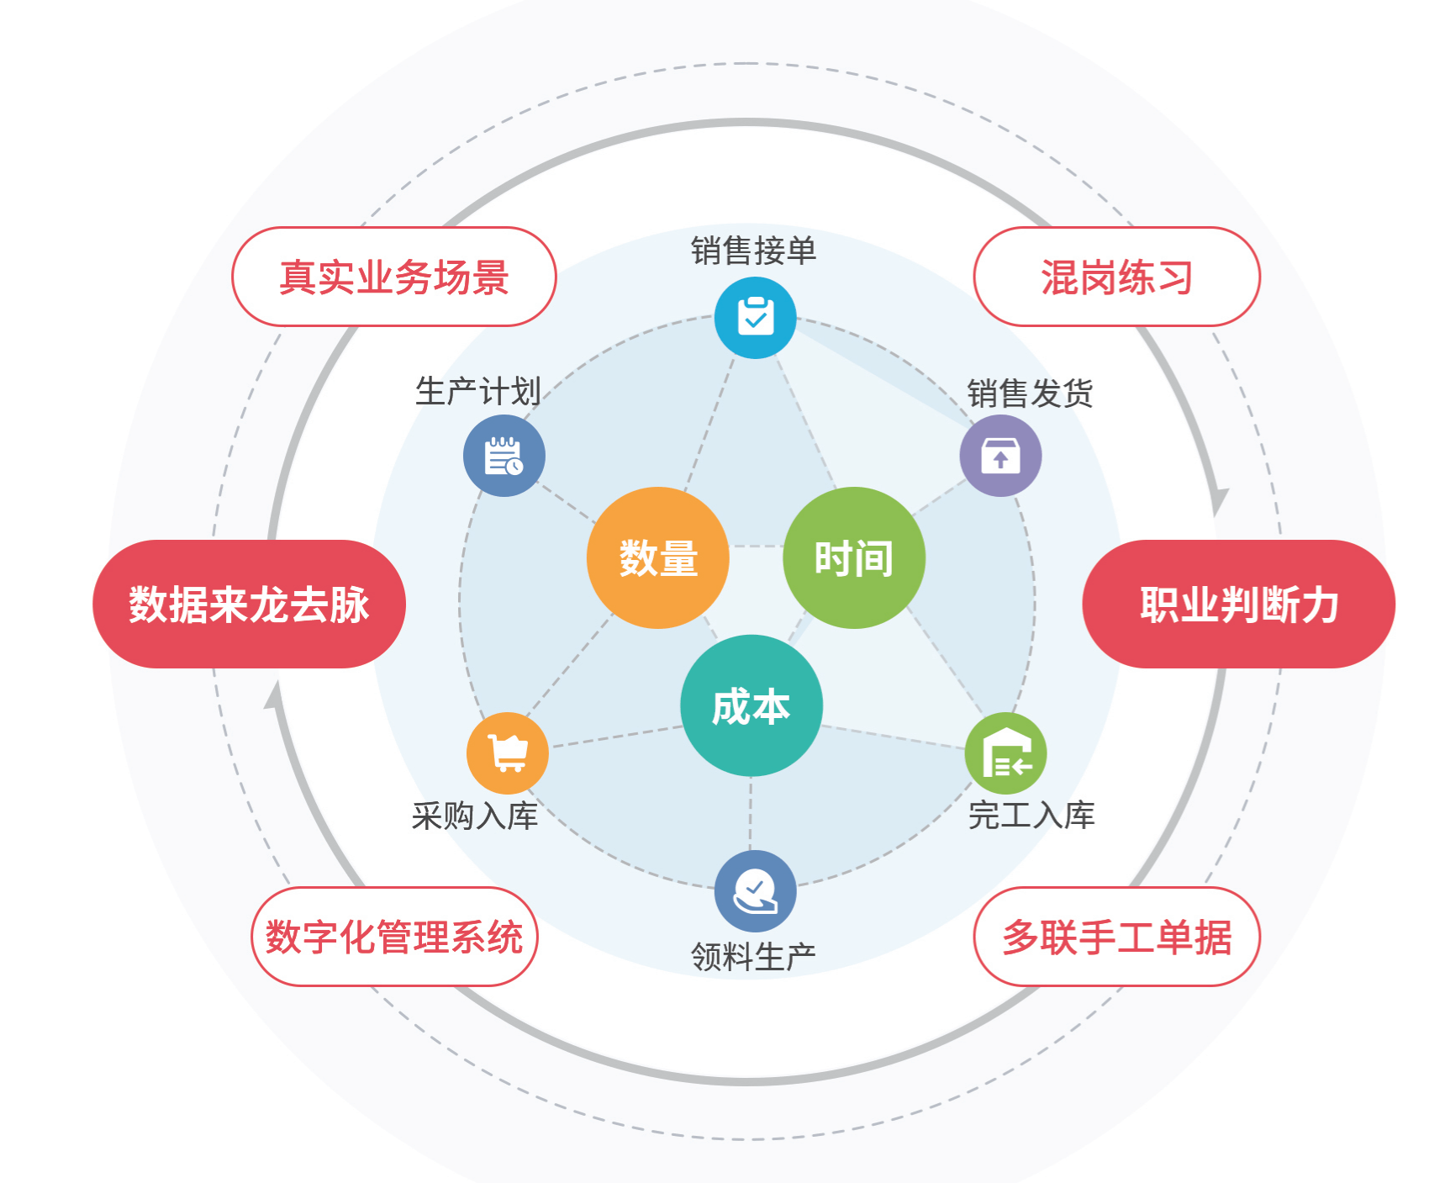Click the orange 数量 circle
pos(657,557)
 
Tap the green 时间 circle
pos(853,557)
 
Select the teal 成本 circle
pos(751,705)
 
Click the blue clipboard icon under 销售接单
pos(755,318)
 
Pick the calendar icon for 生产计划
pos(504,456)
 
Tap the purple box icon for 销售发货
pos(1000,456)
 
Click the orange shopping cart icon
pos(508,753)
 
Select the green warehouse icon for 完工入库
pos(1005,753)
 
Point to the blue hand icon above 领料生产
pos(755,891)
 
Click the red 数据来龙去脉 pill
pos(249,604)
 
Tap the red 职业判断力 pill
pos(1238,604)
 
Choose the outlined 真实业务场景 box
pos(393,277)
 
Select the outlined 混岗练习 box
pos(1116,277)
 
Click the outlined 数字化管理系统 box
pos(393,937)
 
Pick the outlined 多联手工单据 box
pos(1116,937)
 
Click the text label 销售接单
pos(753,251)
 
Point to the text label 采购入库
pos(475,816)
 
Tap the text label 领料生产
pos(753,957)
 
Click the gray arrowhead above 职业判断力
pos(1218,501)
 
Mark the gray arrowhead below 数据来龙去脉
pos(274,696)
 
